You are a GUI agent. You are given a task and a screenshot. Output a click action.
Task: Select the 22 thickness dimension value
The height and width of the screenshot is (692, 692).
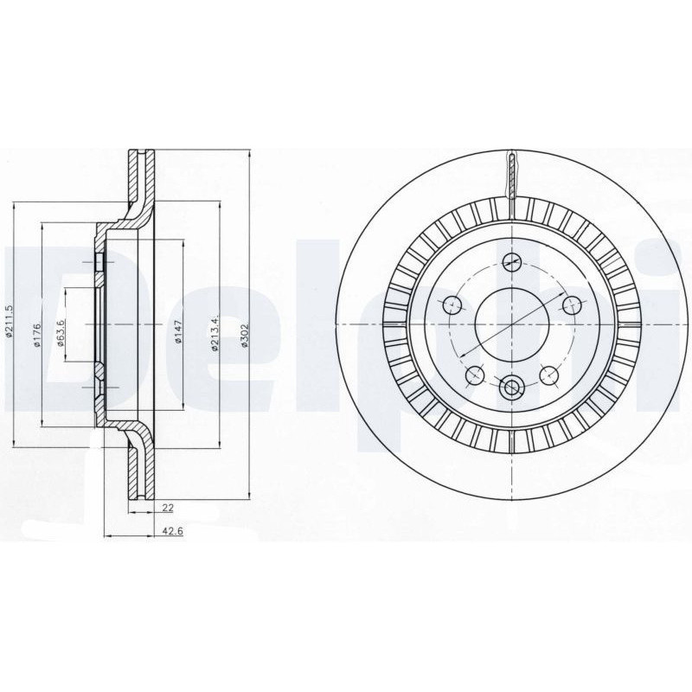[x=168, y=508]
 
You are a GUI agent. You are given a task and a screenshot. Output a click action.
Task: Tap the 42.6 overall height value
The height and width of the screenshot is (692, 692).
[x=172, y=532]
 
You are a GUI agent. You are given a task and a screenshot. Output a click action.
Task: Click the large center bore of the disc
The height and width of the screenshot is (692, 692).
[x=511, y=324]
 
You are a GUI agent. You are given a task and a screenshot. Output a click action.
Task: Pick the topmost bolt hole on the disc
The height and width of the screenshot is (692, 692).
[x=511, y=262]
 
